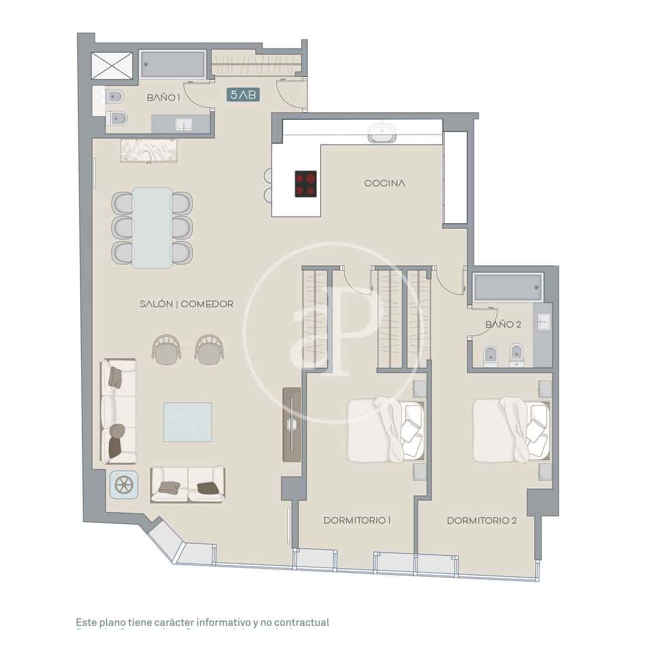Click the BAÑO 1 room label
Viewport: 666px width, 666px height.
click(x=164, y=98)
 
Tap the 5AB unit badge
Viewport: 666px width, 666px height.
click(x=243, y=95)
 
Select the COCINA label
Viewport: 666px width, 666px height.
click(x=385, y=183)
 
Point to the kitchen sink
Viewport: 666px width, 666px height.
click(x=382, y=133)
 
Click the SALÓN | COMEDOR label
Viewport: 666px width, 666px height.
click(x=186, y=304)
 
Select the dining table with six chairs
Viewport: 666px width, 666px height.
click(x=152, y=228)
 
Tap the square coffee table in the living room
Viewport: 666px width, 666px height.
click(x=188, y=422)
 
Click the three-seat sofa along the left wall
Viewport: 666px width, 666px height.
click(x=118, y=412)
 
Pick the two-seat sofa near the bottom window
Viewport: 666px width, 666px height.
click(x=188, y=484)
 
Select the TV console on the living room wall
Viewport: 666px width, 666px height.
click(x=292, y=425)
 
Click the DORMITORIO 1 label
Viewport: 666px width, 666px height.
click(x=357, y=521)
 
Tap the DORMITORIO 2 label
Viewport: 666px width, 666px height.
click(x=482, y=521)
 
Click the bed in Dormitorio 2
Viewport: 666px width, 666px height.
click(x=511, y=428)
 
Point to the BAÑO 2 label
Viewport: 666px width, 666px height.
click(x=503, y=325)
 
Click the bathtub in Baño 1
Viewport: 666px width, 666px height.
click(x=173, y=64)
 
